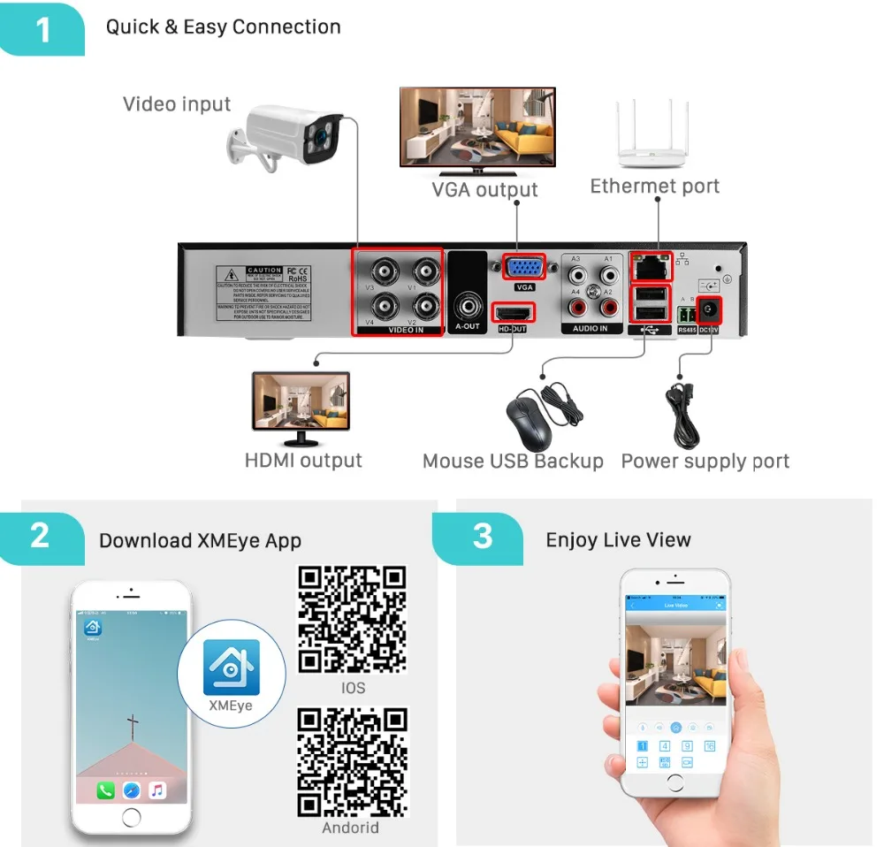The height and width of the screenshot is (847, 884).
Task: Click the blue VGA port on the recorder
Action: click(x=524, y=268)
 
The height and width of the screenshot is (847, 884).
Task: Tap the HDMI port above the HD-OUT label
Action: click(x=514, y=313)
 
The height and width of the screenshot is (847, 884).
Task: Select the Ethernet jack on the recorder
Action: click(x=651, y=263)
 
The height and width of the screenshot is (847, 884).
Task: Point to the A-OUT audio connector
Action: click(x=467, y=307)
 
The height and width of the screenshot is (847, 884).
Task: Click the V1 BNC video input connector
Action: click(x=425, y=270)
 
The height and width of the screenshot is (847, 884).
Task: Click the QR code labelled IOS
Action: click(x=352, y=620)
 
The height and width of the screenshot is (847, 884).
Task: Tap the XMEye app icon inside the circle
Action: click(x=232, y=667)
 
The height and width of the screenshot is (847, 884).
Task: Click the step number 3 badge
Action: click(x=482, y=537)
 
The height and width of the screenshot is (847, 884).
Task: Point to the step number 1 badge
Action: click(x=43, y=29)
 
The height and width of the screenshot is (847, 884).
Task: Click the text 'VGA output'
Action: click(x=484, y=190)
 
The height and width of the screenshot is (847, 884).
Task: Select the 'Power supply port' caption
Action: click(x=705, y=462)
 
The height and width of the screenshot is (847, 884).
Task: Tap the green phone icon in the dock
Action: click(x=105, y=790)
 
